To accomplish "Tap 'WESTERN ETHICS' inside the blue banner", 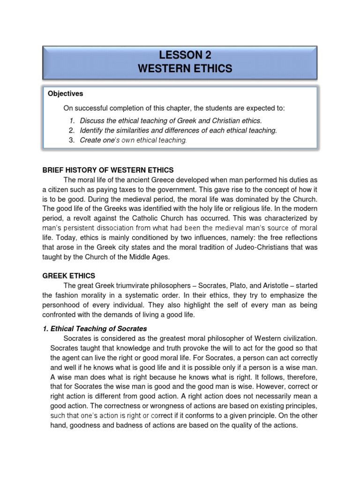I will coord(184,69).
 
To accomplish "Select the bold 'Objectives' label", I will coord(65,94).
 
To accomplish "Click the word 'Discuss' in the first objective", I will coord(92,120).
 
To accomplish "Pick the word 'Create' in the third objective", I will coord(90,140).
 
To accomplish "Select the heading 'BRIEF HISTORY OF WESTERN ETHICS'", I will coord(108,170).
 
